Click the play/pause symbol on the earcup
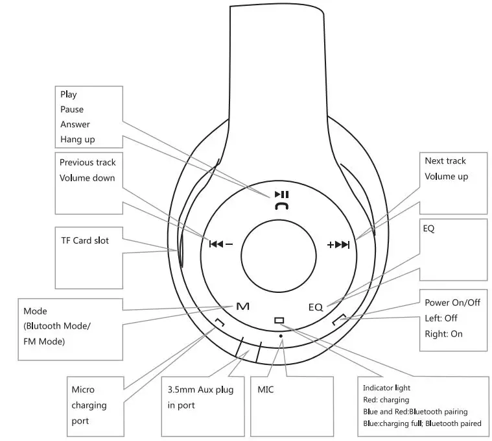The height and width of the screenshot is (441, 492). pyautogui.click(x=281, y=194)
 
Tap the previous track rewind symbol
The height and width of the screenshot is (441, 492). pyautogui.click(x=216, y=244)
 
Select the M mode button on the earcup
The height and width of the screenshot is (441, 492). pyautogui.click(x=242, y=306)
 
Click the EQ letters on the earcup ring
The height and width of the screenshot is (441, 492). pyautogui.click(x=315, y=307)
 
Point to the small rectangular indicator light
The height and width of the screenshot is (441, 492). pyautogui.click(x=279, y=320)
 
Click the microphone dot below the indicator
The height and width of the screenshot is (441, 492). pyautogui.click(x=280, y=336)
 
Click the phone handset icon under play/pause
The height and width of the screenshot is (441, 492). pyautogui.click(x=281, y=206)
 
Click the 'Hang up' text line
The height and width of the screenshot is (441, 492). pyautogui.click(x=77, y=139)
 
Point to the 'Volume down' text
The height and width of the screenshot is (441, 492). pyautogui.click(x=87, y=178)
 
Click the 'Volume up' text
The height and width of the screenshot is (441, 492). pyautogui.click(x=446, y=176)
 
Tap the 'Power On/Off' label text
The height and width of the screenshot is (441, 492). pyautogui.click(x=452, y=302)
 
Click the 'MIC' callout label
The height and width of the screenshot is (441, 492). pyautogui.click(x=266, y=390)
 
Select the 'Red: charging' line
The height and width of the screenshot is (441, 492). pyautogui.click(x=386, y=399)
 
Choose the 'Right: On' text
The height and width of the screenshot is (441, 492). pyautogui.click(x=443, y=334)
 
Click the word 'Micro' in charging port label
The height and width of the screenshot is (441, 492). pyautogui.click(x=82, y=390)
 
